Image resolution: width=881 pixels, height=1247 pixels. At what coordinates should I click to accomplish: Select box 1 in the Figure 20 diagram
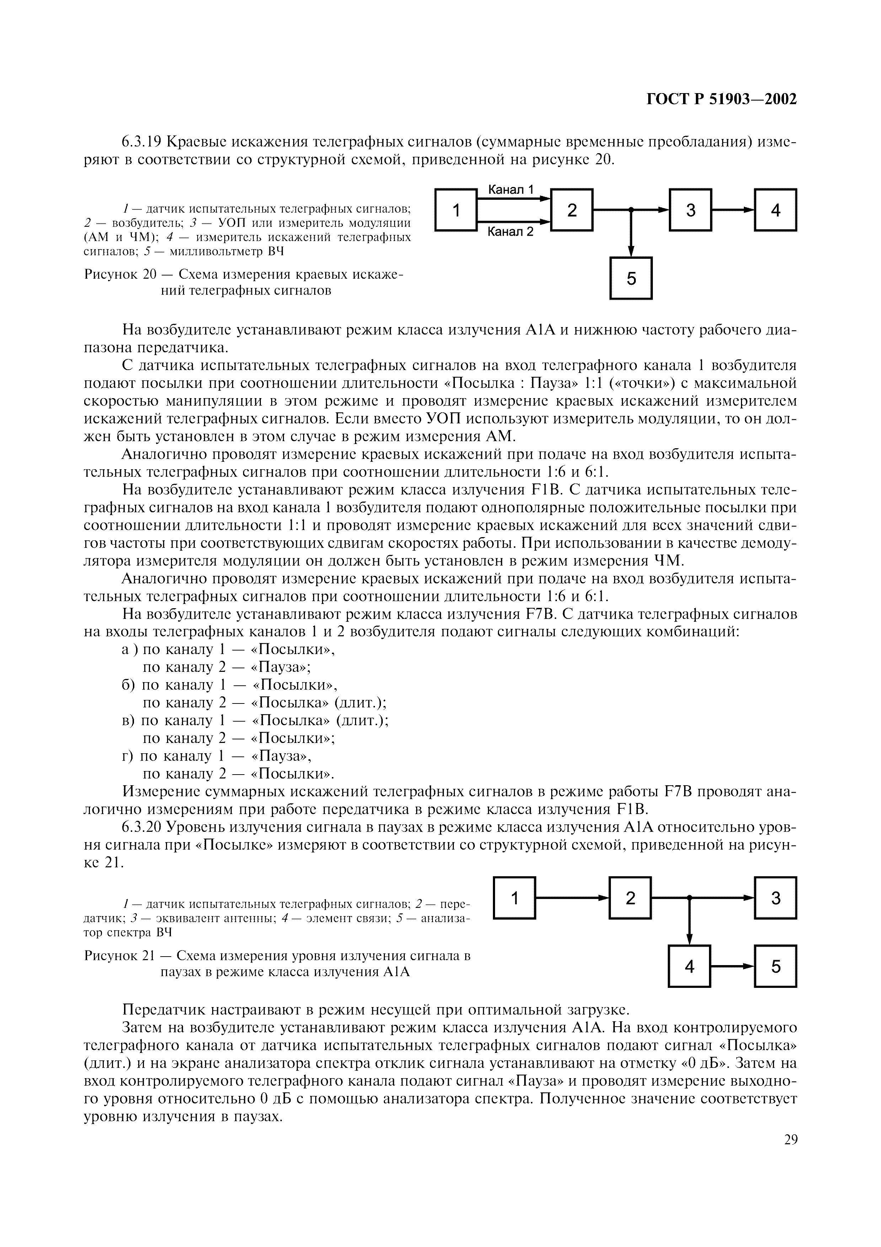(456, 210)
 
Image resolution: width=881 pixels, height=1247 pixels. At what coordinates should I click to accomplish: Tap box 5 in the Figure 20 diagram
(631, 278)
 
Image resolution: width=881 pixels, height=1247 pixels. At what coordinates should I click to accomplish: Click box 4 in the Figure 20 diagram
(775, 210)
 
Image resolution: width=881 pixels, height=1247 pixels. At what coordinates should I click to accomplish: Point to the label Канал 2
(510, 232)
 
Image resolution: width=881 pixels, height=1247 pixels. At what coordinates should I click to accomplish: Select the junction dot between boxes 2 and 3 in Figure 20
(631, 210)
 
